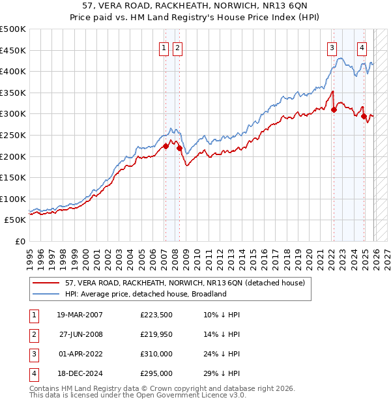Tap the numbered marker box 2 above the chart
(x=177, y=47)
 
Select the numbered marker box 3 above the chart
(x=332, y=47)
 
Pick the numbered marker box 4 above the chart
(x=362, y=47)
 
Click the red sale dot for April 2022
(x=334, y=109)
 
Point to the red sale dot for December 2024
(x=364, y=116)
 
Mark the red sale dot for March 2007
(x=166, y=147)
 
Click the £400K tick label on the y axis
(x=13, y=72)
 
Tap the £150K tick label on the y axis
(x=13, y=177)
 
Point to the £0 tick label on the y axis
(x=20, y=241)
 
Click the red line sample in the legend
(x=46, y=283)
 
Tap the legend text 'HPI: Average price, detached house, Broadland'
(x=145, y=294)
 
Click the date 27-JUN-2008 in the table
(x=81, y=334)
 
